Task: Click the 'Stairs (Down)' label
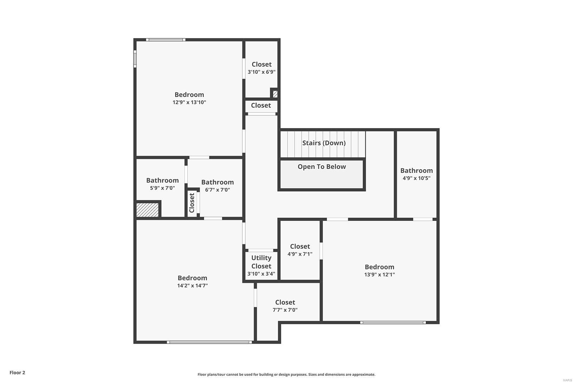click(x=324, y=143)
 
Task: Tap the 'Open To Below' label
click(x=322, y=166)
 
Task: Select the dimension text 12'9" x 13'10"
click(x=189, y=102)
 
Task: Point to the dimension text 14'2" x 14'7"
click(x=192, y=286)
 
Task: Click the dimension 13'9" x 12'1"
click(x=379, y=275)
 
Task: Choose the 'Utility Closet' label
click(x=261, y=262)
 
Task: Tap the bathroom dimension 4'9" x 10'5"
click(x=416, y=178)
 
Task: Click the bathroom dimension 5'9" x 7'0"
click(x=162, y=188)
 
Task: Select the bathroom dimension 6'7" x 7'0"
click(x=217, y=190)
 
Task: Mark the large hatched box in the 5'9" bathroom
click(x=147, y=210)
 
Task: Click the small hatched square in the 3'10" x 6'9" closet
click(x=275, y=94)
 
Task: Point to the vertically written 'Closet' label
click(x=192, y=203)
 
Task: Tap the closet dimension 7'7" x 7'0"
click(x=285, y=310)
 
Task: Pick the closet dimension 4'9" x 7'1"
click(x=300, y=254)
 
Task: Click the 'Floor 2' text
click(x=17, y=373)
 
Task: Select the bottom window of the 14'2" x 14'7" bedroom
click(x=209, y=342)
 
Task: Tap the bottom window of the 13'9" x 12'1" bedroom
click(x=393, y=323)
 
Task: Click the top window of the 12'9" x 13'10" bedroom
click(x=165, y=40)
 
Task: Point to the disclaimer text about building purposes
click(x=286, y=374)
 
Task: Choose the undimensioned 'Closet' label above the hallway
click(x=261, y=105)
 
